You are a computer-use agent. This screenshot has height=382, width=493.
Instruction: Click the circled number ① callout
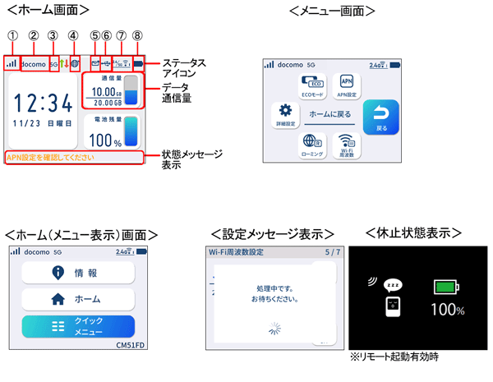click(x=11, y=35)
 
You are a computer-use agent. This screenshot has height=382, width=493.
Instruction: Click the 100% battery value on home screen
click(x=106, y=141)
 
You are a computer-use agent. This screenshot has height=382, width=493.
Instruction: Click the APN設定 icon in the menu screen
click(x=347, y=86)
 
